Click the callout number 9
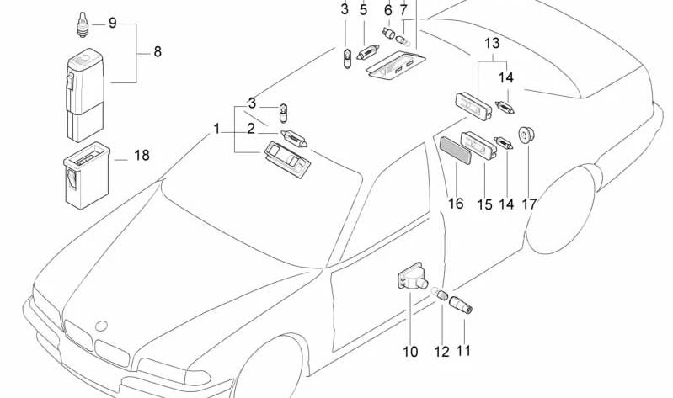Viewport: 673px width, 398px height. pyautogui.click(x=113, y=23)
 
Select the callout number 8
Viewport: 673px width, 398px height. pyautogui.click(x=157, y=52)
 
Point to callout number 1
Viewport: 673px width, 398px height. pyautogui.click(x=216, y=129)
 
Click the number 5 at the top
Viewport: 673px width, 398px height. pyautogui.click(x=364, y=10)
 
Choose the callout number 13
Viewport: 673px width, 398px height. pyautogui.click(x=492, y=43)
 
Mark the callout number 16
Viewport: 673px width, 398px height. pyautogui.click(x=456, y=204)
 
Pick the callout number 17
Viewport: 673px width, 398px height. pyautogui.click(x=529, y=204)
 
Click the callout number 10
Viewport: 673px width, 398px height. pyautogui.click(x=409, y=352)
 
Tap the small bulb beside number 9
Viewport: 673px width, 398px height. pyautogui.click(x=82, y=23)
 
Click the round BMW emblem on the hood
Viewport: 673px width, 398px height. pyautogui.click(x=102, y=325)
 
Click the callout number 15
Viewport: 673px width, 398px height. pyautogui.click(x=484, y=204)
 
